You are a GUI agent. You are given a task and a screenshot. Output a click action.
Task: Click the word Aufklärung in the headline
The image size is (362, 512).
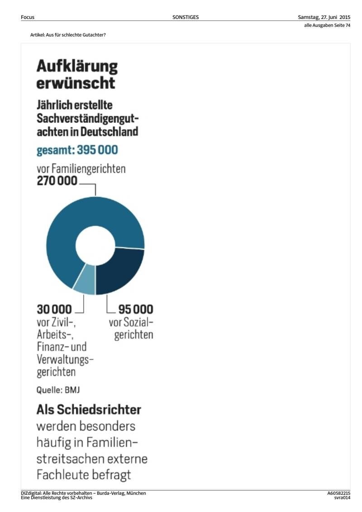point(77,66)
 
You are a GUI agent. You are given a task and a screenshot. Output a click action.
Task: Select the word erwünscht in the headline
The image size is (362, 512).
point(76,83)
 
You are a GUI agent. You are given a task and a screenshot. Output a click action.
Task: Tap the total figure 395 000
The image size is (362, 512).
point(97,150)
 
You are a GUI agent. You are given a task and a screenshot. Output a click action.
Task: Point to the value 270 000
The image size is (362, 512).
point(57,181)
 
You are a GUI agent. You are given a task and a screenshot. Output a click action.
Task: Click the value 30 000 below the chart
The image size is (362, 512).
point(54,309)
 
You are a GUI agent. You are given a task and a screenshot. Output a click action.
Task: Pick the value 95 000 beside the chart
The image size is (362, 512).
point(136,309)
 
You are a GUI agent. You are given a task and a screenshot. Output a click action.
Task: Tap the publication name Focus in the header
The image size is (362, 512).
point(28,17)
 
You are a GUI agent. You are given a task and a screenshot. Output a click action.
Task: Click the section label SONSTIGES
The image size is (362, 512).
point(186,17)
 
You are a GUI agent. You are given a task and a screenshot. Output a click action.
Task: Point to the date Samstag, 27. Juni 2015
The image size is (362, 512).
point(324,17)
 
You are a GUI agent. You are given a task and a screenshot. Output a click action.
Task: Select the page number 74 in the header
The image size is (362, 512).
point(348,25)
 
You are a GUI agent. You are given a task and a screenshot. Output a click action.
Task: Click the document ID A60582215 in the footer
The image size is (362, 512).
point(339,493)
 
